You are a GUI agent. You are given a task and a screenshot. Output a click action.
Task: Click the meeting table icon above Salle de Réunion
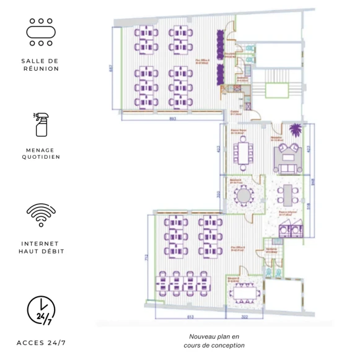[x=40, y=32]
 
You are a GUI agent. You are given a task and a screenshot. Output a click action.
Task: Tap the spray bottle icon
[x=41, y=124]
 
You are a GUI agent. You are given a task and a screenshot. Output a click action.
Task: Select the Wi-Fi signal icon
[x=41, y=214]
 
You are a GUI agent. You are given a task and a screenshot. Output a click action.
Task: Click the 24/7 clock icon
[x=41, y=310]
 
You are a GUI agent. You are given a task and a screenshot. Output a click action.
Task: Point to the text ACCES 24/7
[x=41, y=343]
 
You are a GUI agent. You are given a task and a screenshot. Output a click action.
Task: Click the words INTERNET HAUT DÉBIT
[x=41, y=247]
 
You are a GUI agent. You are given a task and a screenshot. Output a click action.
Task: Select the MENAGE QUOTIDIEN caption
[x=41, y=153]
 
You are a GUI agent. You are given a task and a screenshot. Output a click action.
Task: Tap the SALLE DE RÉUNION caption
[x=41, y=64]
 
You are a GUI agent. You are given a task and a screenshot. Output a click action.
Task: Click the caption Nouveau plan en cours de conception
[x=217, y=341]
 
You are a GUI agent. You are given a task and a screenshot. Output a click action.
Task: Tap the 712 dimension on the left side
[x=146, y=257]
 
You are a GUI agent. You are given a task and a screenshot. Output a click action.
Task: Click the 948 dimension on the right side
[x=314, y=182]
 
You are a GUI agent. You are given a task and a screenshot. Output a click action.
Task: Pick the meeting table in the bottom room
[x=245, y=289]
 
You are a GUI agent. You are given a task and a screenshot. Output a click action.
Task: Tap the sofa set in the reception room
[x=289, y=158]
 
